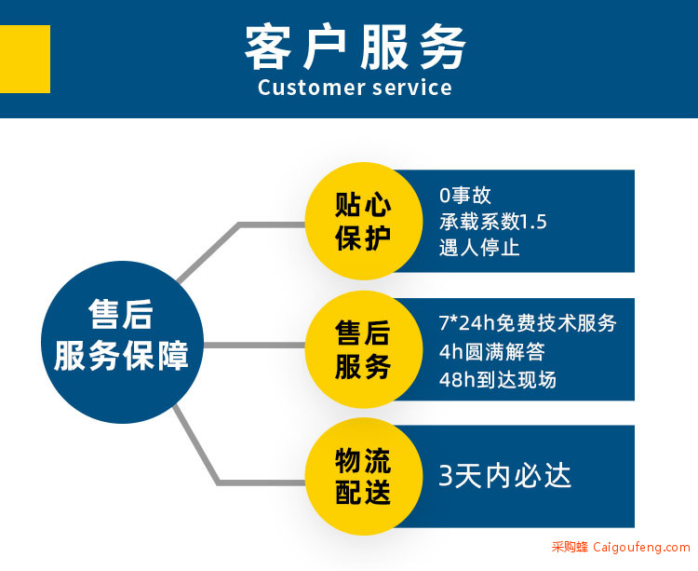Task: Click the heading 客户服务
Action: tap(356, 47)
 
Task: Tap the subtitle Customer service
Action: tap(355, 88)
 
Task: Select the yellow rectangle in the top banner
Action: tap(25, 60)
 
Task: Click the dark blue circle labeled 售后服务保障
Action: tap(123, 342)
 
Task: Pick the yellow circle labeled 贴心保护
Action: tap(364, 221)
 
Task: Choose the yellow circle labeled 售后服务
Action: tap(364, 349)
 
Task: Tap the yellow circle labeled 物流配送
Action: tap(364, 477)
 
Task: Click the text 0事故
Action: tap(465, 195)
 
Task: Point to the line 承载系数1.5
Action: tap(492, 222)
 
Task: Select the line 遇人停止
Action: tap(479, 248)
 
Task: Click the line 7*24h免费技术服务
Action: tap(528, 323)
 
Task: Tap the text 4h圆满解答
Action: tap(492, 351)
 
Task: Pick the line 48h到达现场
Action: tap(498, 380)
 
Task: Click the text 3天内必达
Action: tap(504, 476)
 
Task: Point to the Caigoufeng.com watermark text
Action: tap(641, 547)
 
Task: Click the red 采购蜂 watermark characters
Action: tap(570, 547)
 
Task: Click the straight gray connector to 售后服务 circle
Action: tap(255, 346)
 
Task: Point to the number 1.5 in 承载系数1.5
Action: tap(533, 222)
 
